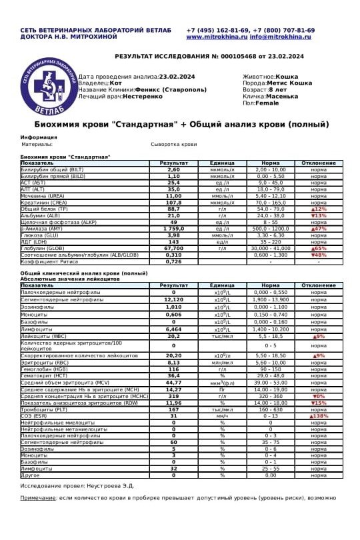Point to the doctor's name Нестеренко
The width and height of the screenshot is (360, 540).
tap(142, 96)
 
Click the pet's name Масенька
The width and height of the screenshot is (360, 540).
tap(283, 96)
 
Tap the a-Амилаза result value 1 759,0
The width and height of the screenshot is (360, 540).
tap(173, 229)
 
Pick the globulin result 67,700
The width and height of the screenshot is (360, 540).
tap(173, 248)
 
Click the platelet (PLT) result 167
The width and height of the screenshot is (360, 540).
tap(173, 409)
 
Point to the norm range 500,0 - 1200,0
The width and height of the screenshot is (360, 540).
tap(270, 229)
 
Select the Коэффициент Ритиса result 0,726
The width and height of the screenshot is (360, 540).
tap(173, 261)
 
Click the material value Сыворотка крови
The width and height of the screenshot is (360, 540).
tap(174, 143)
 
